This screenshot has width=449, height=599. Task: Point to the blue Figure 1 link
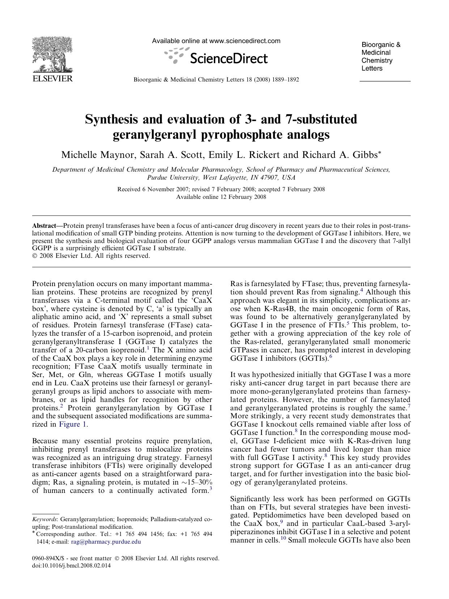73,424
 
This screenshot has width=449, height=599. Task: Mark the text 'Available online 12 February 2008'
221,197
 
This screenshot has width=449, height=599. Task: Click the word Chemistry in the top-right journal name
377,60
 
